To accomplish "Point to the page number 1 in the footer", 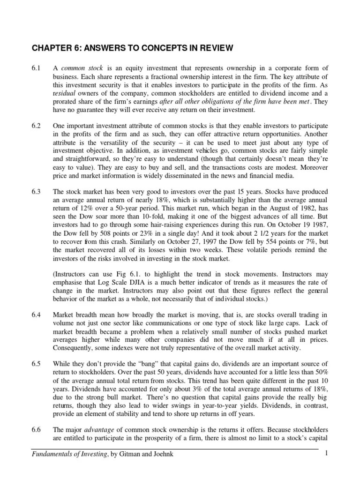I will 326,455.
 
